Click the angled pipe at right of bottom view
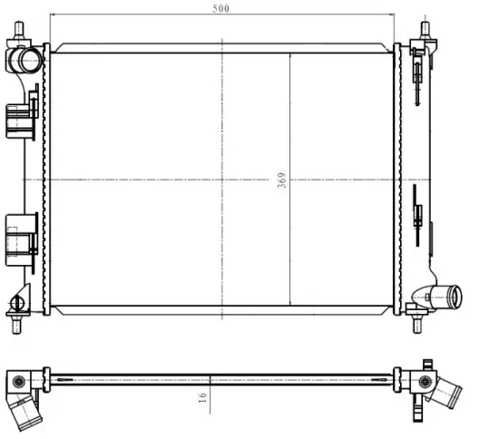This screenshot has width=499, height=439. (x=445, y=393)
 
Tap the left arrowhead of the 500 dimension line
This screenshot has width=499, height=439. (x=51, y=15)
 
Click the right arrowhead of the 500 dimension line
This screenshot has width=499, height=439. (x=396, y=15)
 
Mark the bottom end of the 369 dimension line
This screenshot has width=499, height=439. (x=289, y=305)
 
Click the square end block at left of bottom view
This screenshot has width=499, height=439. (x=15, y=378)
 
